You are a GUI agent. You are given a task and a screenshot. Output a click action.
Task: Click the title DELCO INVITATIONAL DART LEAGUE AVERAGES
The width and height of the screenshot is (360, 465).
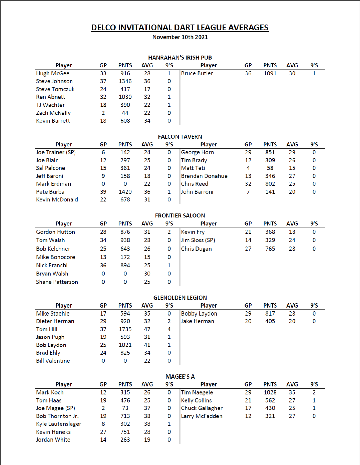click(180, 28)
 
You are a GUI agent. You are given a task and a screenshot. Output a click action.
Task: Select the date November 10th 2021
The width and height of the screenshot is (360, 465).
click(180, 37)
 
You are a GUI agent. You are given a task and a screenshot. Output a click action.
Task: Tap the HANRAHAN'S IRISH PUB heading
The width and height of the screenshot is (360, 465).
click(180, 57)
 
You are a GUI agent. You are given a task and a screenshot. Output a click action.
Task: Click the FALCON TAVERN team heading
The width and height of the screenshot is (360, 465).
click(180, 136)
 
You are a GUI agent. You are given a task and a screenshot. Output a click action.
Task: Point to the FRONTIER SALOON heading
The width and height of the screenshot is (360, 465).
click(180, 216)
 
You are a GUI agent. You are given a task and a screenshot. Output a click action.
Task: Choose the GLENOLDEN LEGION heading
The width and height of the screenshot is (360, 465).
click(180, 298)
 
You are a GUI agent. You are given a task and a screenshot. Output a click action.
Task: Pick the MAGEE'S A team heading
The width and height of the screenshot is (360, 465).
click(180, 376)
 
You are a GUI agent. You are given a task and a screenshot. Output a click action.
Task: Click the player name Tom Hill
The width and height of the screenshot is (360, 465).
click(47, 329)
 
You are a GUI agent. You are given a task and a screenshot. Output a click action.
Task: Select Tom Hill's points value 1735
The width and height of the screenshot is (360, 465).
click(125, 329)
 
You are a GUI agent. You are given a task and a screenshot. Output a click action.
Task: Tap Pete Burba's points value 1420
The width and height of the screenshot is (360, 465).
click(125, 192)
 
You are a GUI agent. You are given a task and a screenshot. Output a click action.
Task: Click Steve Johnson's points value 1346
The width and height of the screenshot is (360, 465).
click(125, 81)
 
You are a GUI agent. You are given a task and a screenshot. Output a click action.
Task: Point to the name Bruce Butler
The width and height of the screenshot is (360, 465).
click(197, 73)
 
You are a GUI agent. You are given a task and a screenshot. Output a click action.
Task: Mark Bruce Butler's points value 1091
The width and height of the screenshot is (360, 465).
click(270, 73)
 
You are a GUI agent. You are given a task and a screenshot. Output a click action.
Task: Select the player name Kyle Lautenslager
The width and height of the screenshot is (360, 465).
click(59, 424)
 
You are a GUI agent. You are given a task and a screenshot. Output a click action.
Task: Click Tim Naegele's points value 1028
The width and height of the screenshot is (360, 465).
click(270, 392)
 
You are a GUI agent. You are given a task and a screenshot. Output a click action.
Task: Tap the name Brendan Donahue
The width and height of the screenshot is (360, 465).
click(204, 176)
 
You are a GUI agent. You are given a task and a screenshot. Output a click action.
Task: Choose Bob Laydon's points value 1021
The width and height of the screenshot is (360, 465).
click(125, 345)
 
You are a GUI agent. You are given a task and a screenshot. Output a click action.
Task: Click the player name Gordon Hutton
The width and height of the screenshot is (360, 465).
click(56, 232)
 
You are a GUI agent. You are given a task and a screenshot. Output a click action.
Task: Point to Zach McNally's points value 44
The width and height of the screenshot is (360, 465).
click(125, 113)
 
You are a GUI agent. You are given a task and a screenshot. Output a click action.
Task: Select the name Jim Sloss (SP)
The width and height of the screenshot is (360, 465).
click(198, 240)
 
